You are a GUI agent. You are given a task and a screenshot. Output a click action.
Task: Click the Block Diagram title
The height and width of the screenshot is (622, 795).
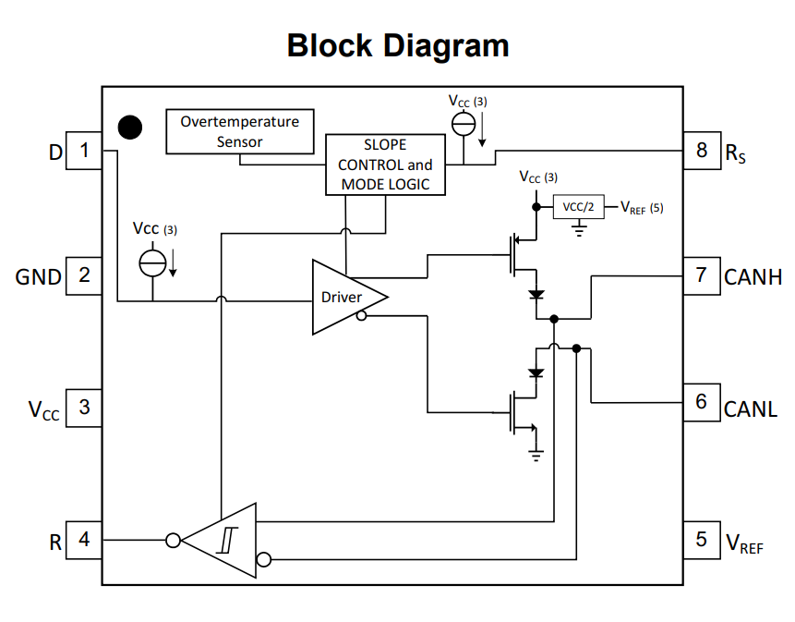point(397,46)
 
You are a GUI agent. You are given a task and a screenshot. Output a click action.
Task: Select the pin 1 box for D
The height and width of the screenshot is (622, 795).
point(84,150)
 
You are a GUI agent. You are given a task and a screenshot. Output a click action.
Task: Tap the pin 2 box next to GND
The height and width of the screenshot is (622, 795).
point(84,275)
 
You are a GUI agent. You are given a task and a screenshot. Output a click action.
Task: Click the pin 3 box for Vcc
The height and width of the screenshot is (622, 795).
point(84,408)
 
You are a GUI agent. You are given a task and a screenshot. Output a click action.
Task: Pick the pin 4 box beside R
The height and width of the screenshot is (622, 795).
point(84,540)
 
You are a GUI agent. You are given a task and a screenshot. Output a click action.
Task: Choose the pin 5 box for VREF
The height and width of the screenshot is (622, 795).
point(702,540)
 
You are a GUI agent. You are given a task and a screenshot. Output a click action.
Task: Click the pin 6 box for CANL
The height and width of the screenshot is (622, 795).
point(702,402)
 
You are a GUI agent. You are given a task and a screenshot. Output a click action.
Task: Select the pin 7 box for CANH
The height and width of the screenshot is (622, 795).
point(702,275)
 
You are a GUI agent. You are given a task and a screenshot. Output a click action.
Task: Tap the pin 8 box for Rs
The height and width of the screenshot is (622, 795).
point(702,150)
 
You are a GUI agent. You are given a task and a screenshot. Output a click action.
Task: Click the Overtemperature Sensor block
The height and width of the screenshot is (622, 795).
point(240,131)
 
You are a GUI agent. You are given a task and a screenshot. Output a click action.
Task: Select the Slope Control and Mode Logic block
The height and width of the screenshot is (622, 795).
point(385,165)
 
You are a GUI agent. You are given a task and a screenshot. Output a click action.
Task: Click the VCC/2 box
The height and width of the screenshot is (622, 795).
point(579,207)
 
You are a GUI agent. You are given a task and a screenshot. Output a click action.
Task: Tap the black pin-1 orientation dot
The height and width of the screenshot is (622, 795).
point(130,127)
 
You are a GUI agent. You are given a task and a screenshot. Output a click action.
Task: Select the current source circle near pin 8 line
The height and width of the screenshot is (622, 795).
point(464,124)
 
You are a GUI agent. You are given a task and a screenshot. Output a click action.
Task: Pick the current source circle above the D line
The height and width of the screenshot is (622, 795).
point(152,263)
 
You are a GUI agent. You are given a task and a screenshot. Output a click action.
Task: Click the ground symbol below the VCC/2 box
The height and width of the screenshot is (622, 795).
point(579,229)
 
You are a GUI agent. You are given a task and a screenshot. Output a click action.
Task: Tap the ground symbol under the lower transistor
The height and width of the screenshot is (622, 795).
point(536,455)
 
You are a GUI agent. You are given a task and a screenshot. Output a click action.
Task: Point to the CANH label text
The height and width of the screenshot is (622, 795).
point(753,277)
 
